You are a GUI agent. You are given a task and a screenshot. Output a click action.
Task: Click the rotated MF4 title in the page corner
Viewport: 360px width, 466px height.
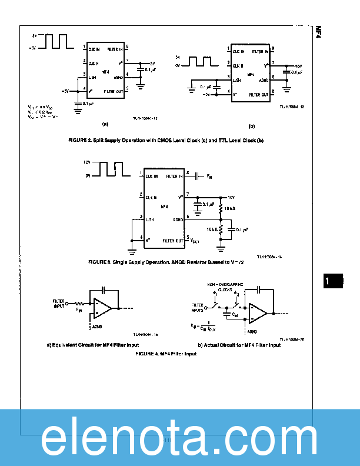point(318,32)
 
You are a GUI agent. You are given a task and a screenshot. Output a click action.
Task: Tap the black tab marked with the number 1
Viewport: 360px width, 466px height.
point(333,281)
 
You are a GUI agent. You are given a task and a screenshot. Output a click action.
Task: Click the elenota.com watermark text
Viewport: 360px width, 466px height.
point(180,438)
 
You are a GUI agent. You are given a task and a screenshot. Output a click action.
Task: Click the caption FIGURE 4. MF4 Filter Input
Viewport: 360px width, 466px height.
point(166,354)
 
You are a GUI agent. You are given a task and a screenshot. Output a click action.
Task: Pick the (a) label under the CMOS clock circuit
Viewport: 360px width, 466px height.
point(105,124)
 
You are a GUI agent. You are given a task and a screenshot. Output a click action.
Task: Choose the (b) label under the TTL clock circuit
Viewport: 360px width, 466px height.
point(251,125)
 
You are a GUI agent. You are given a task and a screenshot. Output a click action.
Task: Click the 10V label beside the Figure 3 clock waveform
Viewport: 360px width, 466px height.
point(86,162)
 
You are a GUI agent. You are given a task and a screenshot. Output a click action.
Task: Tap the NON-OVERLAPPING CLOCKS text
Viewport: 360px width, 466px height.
point(221,286)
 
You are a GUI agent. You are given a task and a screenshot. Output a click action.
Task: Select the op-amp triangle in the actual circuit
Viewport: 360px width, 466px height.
point(258,312)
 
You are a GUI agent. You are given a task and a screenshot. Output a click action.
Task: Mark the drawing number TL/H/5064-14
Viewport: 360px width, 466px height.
point(269,257)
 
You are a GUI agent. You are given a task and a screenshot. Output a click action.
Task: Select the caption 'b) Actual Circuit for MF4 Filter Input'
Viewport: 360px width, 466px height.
point(239,345)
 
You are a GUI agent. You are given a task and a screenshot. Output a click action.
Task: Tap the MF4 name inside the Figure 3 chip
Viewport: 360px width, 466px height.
point(165,207)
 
